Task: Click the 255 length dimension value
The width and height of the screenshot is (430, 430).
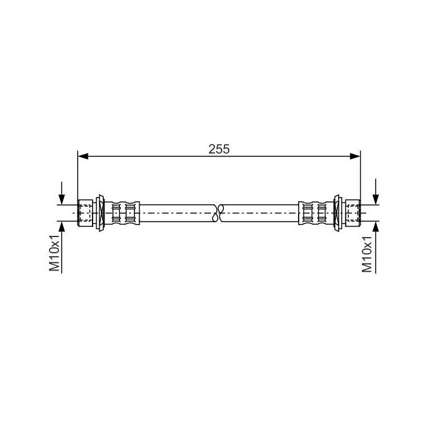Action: [x=219, y=149]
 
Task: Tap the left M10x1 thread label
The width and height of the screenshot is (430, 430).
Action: [x=54, y=253]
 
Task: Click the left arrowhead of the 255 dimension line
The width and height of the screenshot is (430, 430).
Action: [x=83, y=156]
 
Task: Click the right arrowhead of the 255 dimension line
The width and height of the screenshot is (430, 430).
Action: [x=355, y=156]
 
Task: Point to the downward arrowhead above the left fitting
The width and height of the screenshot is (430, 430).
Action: [x=62, y=199]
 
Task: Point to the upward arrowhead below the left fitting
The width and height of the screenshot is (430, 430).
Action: [x=62, y=226]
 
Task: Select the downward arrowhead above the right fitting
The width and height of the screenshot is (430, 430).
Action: [x=376, y=199]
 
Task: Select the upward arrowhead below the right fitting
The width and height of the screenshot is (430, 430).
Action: [x=376, y=226]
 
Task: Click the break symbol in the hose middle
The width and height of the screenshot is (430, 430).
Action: [x=219, y=213]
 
